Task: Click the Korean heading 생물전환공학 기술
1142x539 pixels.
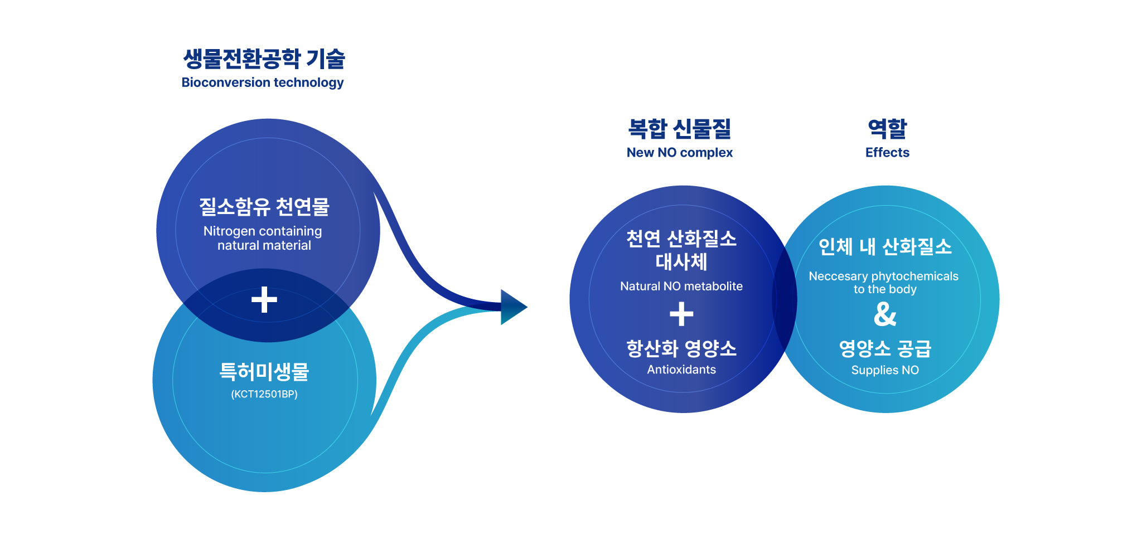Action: (x=264, y=59)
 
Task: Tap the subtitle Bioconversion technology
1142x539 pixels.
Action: (x=262, y=82)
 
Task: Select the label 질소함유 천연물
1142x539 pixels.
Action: (x=264, y=207)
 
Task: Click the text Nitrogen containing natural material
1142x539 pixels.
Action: (x=263, y=238)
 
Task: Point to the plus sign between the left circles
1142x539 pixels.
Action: (x=264, y=300)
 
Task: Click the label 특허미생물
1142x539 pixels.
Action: (x=264, y=371)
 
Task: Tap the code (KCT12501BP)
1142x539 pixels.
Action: (x=264, y=395)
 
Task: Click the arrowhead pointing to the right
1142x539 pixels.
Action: (x=512, y=307)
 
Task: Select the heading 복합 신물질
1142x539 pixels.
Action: (x=679, y=129)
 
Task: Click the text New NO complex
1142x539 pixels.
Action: (x=679, y=153)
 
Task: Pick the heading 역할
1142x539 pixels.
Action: (x=887, y=129)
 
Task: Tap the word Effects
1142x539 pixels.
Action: (x=887, y=153)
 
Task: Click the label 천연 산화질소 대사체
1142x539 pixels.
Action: (x=681, y=250)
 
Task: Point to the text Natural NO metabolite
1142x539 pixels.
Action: (x=681, y=287)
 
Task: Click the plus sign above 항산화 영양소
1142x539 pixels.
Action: (x=681, y=314)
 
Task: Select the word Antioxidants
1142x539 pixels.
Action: (x=681, y=370)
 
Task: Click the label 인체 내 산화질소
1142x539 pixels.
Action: (x=885, y=246)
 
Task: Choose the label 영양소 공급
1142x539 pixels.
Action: (x=885, y=349)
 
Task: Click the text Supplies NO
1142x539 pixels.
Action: (x=885, y=370)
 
